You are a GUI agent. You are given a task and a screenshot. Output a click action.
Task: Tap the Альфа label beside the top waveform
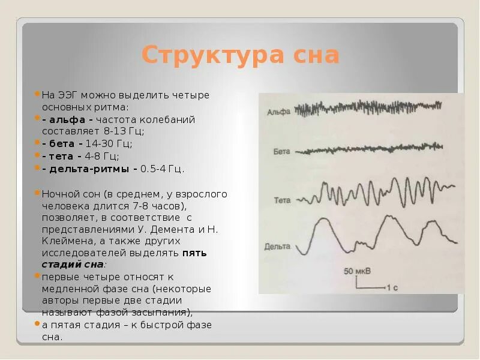point(278,112)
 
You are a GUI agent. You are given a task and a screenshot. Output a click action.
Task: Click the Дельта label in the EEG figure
point(276,246)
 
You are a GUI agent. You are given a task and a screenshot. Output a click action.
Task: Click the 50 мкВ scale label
point(357,271)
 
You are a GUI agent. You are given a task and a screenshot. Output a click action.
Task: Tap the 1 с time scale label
point(392,288)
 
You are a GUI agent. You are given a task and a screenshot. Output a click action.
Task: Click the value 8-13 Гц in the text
point(124,131)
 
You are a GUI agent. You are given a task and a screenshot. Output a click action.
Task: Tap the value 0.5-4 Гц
point(163,169)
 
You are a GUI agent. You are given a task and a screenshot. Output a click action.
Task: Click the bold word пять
point(194,253)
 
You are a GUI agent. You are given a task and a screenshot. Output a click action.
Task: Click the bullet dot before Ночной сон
point(37,193)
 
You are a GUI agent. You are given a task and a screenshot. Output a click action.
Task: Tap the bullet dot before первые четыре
point(37,277)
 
